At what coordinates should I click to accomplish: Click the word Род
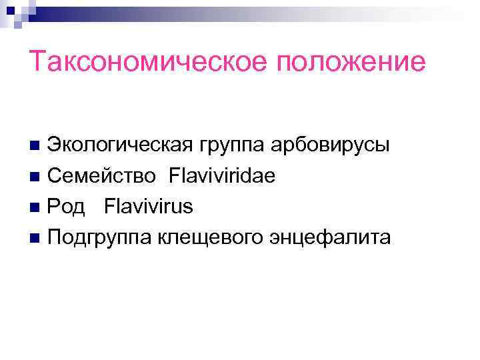pyautogui.click(x=66, y=207)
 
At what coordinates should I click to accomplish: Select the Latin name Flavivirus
pyautogui.click(x=148, y=207)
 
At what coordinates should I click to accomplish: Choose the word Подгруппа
pyautogui.click(x=100, y=237)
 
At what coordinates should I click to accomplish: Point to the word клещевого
pyautogui.click(x=211, y=237)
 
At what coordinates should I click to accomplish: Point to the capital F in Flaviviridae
pyautogui.click(x=175, y=176)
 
